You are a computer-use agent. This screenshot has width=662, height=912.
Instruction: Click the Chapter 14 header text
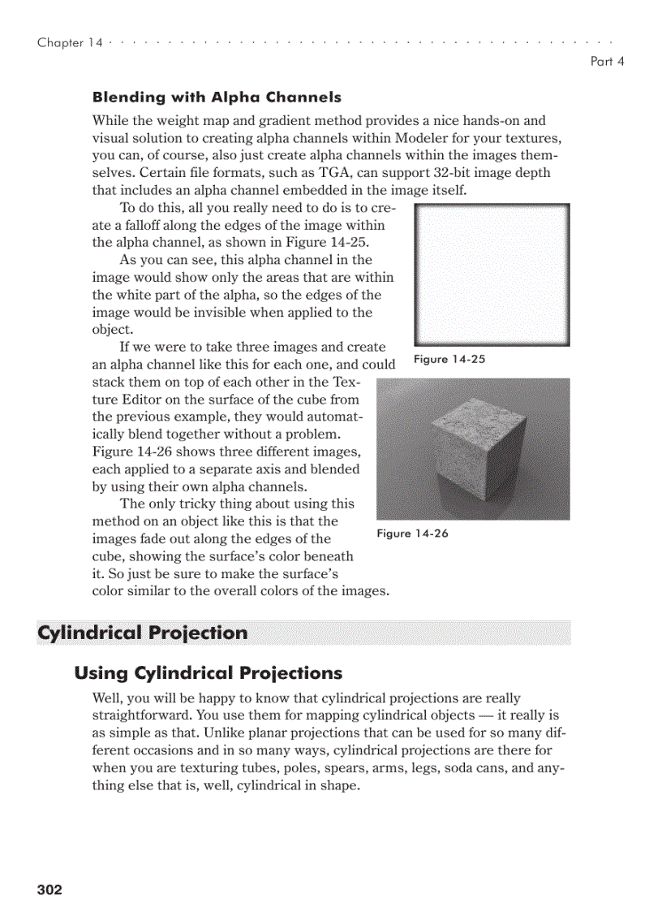70,43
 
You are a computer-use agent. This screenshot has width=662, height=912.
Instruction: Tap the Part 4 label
607,61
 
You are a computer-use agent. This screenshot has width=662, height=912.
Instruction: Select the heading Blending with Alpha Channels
217,97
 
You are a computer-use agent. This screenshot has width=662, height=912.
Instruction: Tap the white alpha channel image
492,275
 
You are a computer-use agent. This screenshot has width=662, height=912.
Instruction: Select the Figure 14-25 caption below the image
449,359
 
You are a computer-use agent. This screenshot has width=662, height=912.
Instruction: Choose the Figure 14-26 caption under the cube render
412,534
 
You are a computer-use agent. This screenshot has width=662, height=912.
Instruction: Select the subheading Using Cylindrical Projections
208,673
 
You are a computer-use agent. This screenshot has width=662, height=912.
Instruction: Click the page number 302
49,890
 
